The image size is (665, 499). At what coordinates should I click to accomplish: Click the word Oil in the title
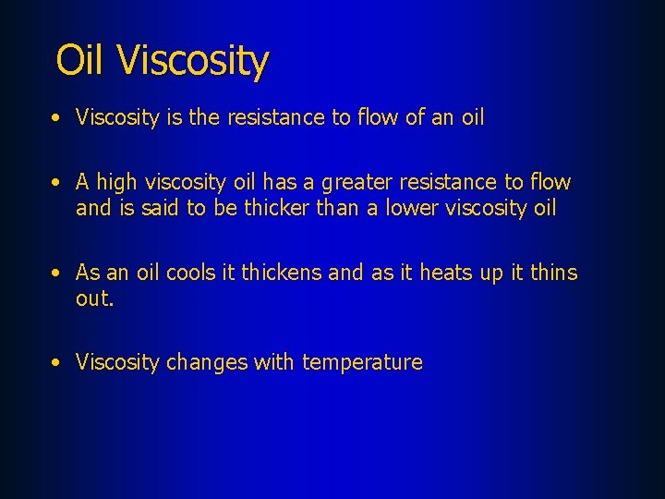coord(83,61)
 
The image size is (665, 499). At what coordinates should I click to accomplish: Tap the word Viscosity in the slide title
coord(194,62)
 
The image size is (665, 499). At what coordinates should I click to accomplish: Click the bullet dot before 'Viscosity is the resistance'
coord(57,118)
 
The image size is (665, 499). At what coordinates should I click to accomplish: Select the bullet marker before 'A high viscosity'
coord(57,183)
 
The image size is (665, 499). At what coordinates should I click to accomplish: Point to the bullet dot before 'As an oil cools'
coord(57,274)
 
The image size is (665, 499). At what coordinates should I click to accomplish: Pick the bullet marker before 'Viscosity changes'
coord(57,363)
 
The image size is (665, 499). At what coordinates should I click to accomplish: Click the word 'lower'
coord(403,208)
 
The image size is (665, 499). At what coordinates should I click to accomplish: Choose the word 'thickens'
coord(281,273)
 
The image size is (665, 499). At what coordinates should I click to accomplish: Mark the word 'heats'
coord(445,273)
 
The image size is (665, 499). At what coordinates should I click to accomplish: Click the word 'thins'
coord(551,273)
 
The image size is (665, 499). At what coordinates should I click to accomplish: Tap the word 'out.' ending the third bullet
coord(95,298)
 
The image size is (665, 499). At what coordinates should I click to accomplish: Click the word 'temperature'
coord(362,362)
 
